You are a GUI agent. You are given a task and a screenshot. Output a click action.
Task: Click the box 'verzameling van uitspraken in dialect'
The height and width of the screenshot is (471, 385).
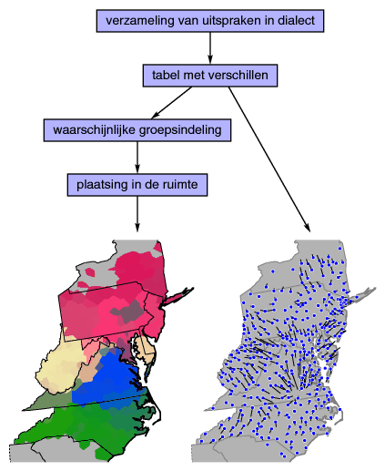click(x=210, y=21)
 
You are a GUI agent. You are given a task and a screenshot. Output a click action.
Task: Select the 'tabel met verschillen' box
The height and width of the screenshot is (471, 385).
click(x=210, y=76)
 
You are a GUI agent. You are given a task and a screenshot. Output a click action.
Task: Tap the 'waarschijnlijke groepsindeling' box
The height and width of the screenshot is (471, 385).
click(x=137, y=130)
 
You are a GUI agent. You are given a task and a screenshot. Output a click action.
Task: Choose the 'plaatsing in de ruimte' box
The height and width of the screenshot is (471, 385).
click(x=137, y=185)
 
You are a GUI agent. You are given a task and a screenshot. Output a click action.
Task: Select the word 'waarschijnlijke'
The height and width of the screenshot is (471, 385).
click(x=95, y=130)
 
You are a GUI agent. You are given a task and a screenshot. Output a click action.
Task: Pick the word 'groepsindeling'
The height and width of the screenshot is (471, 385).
click(x=180, y=130)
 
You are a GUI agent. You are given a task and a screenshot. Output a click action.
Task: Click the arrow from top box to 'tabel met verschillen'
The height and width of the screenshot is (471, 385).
click(x=210, y=48)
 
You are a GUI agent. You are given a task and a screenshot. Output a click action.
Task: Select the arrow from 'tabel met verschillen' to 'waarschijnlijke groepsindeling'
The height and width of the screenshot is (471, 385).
click(x=171, y=103)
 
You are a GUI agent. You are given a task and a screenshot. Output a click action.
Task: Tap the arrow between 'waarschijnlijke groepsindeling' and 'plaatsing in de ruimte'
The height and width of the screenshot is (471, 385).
click(x=137, y=158)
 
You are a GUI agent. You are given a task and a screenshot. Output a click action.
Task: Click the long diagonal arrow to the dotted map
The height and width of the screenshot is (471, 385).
click(x=269, y=159)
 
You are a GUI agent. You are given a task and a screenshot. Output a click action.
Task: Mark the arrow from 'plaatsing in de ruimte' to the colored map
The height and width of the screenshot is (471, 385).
click(x=137, y=214)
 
